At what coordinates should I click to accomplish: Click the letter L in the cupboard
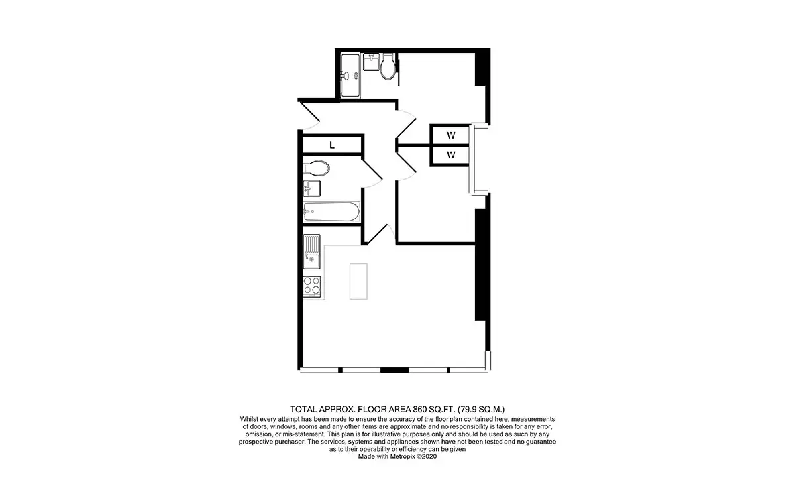332,145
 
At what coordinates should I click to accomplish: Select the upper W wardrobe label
450,135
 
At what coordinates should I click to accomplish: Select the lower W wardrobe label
450,155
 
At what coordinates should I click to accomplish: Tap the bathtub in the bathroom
331,212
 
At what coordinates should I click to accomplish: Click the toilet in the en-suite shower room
388,66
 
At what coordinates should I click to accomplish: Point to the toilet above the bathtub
316,168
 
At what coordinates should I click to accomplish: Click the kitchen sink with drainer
311,251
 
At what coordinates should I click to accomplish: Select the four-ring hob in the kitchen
311,286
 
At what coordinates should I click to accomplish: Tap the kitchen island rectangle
358,281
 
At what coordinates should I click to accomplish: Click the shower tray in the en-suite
350,76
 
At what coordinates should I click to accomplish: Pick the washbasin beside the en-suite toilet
371,62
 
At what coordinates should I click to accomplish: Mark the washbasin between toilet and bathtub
311,189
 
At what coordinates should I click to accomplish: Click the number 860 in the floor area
419,409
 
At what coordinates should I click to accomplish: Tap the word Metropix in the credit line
402,457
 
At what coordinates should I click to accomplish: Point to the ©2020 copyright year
427,457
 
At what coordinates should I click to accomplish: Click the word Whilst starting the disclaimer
249,419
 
